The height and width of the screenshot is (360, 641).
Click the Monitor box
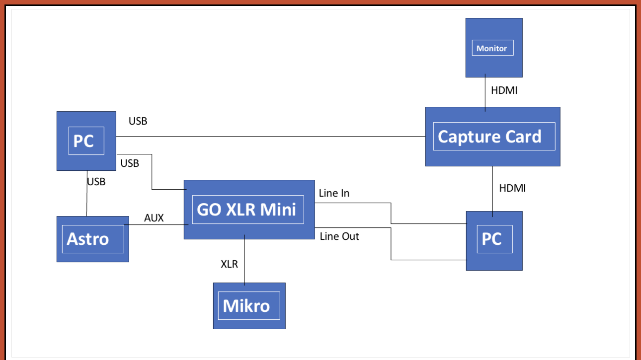(x=493, y=48)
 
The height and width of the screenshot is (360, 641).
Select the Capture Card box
(x=492, y=136)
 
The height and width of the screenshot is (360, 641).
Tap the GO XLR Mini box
(x=249, y=209)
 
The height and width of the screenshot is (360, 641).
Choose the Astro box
(x=92, y=239)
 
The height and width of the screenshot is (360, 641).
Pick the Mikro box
(x=249, y=305)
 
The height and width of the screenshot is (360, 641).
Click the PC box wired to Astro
(x=86, y=141)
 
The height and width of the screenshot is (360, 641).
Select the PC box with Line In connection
(x=494, y=240)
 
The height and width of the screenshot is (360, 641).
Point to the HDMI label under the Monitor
(x=504, y=91)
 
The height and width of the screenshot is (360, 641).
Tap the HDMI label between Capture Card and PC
(x=512, y=188)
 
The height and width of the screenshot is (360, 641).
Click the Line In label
(x=334, y=193)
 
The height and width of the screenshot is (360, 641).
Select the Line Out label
(x=339, y=236)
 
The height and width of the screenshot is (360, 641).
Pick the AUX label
(x=154, y=218)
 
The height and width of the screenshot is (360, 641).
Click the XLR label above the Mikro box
(x=230, y=264)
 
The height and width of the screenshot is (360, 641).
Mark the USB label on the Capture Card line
(x=138, y=121)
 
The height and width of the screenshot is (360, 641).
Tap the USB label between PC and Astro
(x=96, y=182)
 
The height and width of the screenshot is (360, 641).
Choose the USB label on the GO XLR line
(x=130, y=163)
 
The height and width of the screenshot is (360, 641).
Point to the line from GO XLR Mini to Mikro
(x=245, y=261)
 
